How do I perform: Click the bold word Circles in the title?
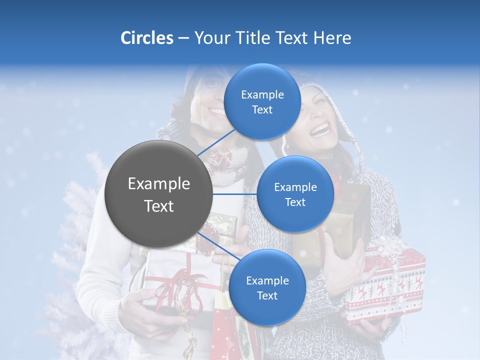pyautogui.click(x=146, y=38)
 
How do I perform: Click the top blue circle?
pyautogui.click(x=262, y=101)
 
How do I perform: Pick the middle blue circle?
pyautogui.click(x=295, y=194)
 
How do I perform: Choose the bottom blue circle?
pyautogui.click(x=267, y=287)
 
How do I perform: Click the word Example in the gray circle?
pyautogui.click(x=159, y=184)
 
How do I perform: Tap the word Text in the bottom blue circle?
pyautogui.click(x=267, y=295)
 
